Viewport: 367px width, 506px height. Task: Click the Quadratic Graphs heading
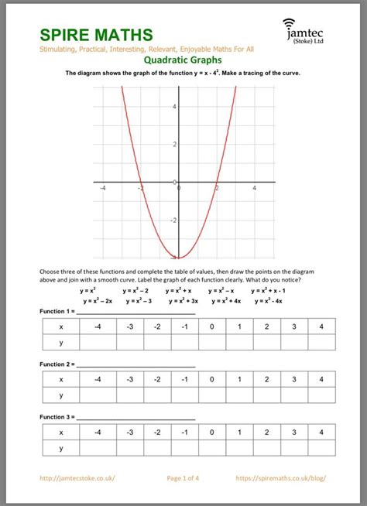(183, 60)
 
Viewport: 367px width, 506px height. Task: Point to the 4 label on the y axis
(175, 106)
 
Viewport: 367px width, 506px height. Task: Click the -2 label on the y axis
(175, 221)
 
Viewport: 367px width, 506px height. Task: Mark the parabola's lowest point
(179, 257)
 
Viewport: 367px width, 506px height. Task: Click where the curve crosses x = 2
(217, 183)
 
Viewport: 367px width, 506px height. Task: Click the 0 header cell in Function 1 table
(211, 327)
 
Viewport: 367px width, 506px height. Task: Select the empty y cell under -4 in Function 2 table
(98, 395)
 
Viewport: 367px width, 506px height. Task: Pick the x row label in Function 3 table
(61, 432)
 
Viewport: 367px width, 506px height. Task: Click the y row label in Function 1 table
(61, 342)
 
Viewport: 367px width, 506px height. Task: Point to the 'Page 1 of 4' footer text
(183, 478)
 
